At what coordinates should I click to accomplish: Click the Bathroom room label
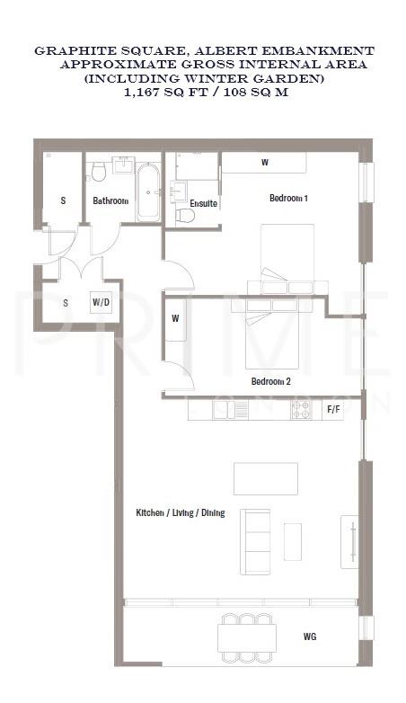pos(110,200)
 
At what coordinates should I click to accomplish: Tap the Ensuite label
pos(204,204)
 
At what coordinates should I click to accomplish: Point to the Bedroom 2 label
pos(270,381)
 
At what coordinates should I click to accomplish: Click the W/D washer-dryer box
pos(101,303)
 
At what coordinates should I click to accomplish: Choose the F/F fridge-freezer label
pos(333,410)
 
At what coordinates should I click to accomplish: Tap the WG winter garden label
pos(309,637)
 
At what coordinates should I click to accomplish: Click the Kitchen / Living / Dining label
pos(180,513)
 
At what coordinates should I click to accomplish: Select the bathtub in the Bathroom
pos(147,191)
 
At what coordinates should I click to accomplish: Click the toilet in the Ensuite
pos(184,214)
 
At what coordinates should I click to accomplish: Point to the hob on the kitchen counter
pos(301,410)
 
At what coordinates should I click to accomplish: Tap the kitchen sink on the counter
pos(239,410)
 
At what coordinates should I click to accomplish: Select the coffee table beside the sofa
pos(293,540)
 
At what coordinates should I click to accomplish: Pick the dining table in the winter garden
pos(247,637)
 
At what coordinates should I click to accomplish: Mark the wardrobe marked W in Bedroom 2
pos(175,319)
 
